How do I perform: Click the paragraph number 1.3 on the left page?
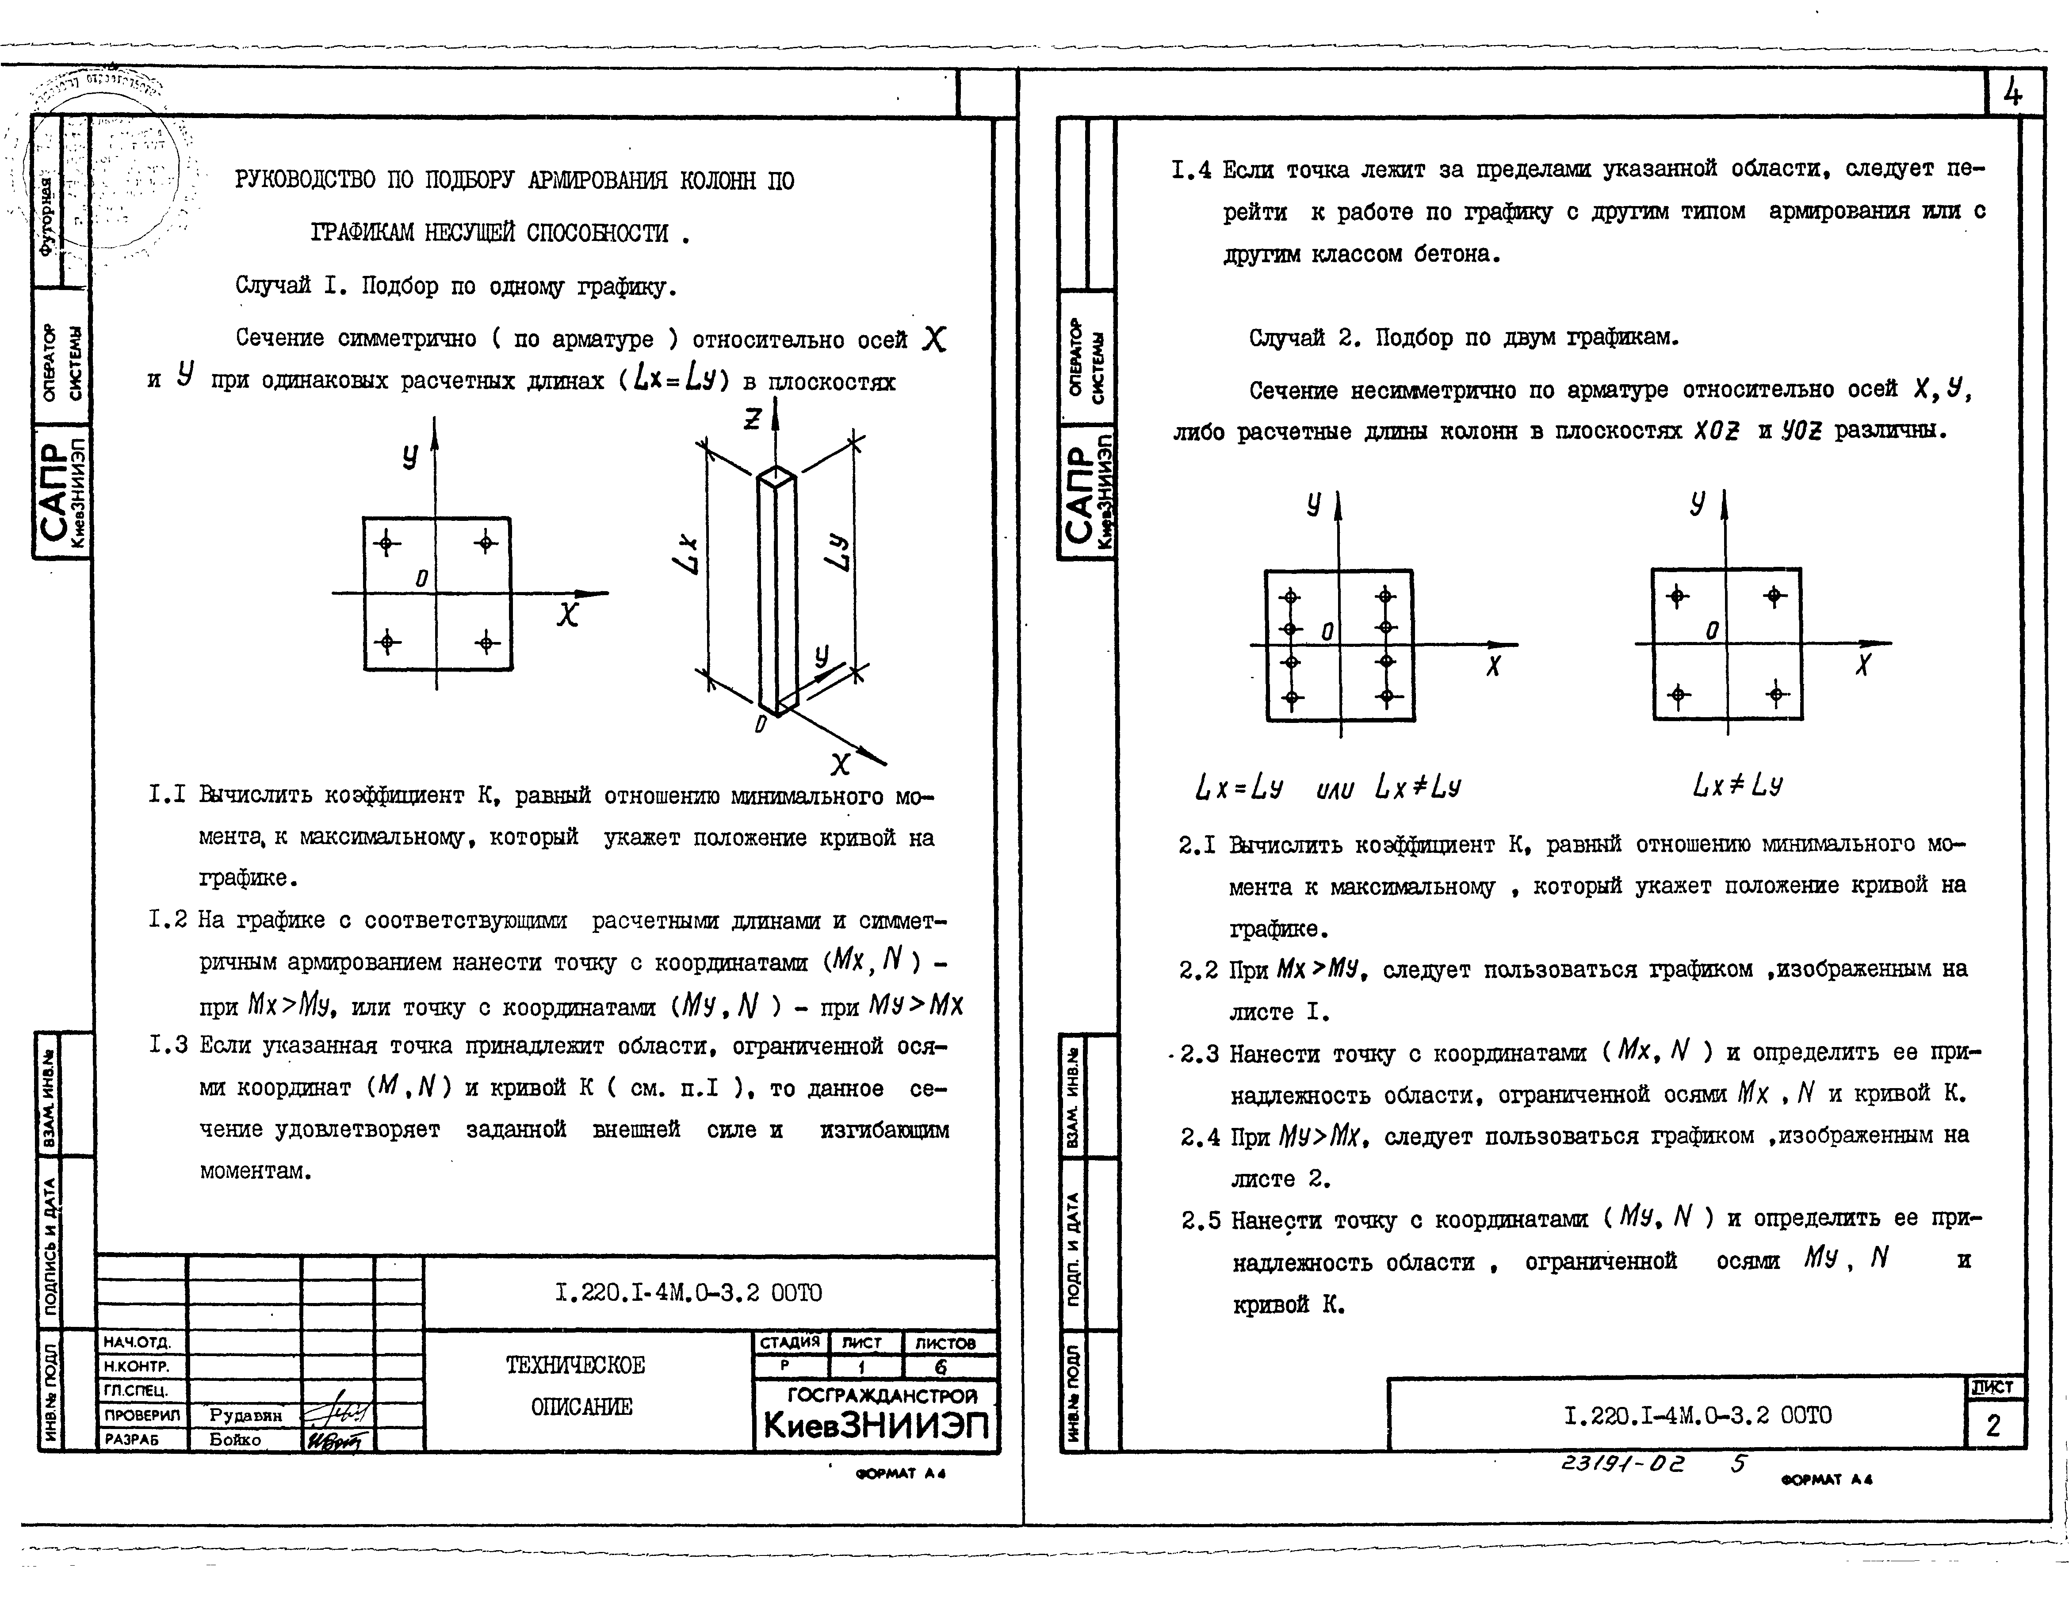point(168,1046)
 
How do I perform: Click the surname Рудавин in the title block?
point(245,1414)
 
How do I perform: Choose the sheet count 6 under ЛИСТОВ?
point(941,1367)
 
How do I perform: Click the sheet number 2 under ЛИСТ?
point(1992,1426)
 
